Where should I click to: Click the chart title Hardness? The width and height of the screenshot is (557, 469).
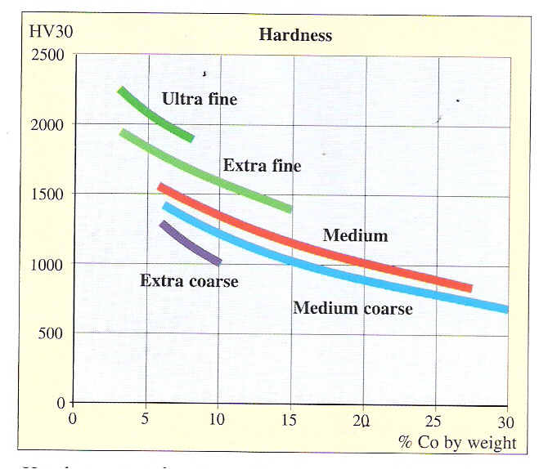(x=295, y=34)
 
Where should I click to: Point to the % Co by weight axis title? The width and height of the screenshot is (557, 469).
(x=457, y=442)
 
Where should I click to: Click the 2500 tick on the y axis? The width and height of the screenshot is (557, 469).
(x=47, y=55)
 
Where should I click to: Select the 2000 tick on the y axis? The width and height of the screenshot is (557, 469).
(x=47, y=124)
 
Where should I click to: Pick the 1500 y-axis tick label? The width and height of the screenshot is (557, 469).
(x=47, y=194)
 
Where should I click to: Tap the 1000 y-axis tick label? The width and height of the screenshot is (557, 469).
(x=47, y=264)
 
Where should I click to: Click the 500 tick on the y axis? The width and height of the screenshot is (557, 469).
(x=52, y=333)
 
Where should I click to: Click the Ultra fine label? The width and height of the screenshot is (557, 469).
(x=200, y=100)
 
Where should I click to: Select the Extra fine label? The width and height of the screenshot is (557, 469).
(x=262, y=166)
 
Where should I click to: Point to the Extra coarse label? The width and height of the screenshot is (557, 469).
(x=189, y=281)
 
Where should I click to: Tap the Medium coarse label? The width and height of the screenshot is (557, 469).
(x=353, y=308)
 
